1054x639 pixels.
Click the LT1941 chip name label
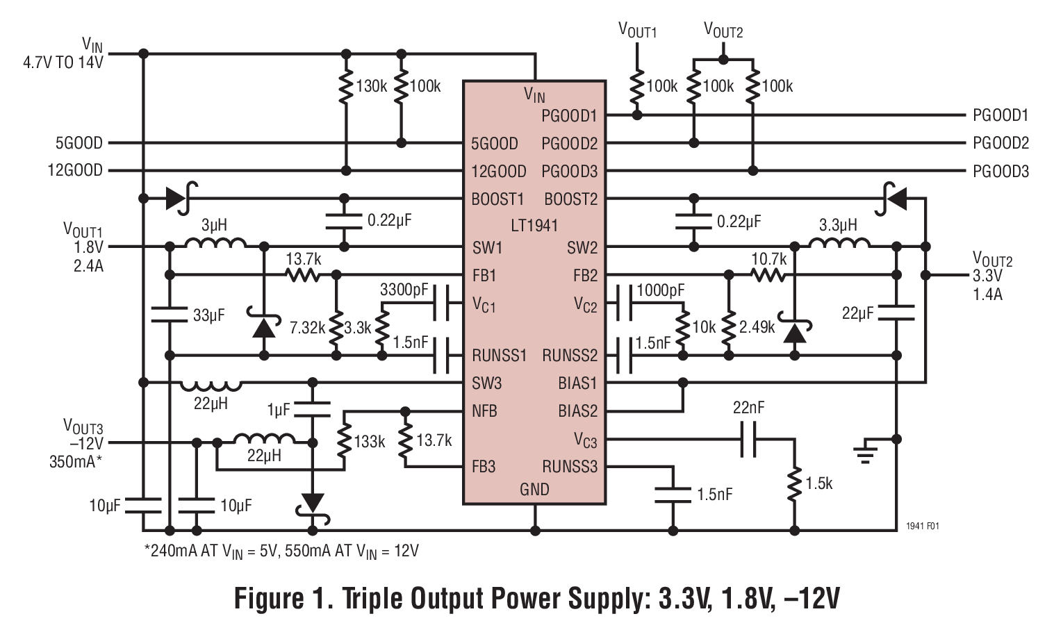point(534,226)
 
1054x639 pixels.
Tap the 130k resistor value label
point(371,87)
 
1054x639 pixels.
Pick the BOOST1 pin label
point(497,199)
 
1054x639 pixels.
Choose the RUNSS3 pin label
point(570,467)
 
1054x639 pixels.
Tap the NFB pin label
point(484,411)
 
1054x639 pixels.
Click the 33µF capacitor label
point(208,315)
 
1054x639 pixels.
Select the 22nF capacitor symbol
point(748,439)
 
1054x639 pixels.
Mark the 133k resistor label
point(369,442)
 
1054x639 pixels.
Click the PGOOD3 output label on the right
point(1001,172)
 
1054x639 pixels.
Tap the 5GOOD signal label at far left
point(79,143)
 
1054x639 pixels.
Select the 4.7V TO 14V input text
point(63,63)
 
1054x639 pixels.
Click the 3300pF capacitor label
point(404,290)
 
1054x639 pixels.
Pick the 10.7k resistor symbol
point(768,276)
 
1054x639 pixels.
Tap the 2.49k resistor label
point(757,327)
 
